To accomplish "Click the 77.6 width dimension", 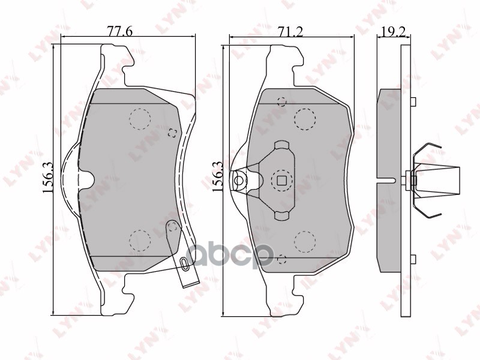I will coord(120,31).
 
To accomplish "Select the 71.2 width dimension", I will coord(290,31).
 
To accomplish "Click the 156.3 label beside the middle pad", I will coord(218,176).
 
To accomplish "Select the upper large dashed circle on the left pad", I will coord(140,119).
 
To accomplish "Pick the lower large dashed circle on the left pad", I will coord(140,241).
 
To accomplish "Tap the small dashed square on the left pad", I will coord(172,133).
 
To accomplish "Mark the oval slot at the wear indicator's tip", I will coord(184,262).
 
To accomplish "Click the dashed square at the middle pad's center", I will coord(281,179).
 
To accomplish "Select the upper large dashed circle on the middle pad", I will coord(305,119).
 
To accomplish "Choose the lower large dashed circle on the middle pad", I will coord(305,241).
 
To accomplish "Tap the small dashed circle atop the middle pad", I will coord(282,101).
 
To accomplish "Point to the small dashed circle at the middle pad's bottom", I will coord(282,259).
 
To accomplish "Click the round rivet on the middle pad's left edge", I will coord(240,180).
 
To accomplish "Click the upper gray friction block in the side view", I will coord(390,132).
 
